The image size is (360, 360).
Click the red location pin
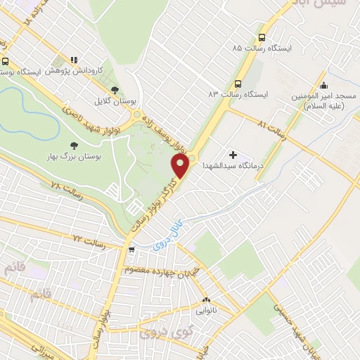coord(181,167)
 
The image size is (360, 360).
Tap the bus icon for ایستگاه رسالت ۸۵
coord(262,37)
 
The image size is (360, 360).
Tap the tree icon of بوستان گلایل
coord(115,89)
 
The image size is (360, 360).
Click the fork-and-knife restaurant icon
coord(73,60)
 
